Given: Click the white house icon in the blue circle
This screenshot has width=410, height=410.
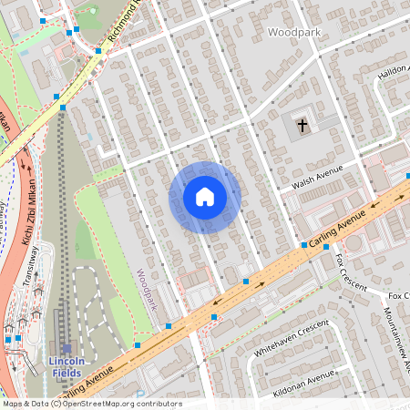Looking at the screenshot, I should pyautogui.click(x=204, y=197).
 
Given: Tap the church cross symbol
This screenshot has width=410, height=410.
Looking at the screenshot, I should pyautogui.click(x=302, y=125).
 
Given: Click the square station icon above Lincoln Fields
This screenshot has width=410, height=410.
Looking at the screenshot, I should pyautogui.click(x=67, y=347).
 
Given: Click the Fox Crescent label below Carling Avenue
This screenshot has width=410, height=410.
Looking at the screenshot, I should pyautogui.click(x=350, y=273).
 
